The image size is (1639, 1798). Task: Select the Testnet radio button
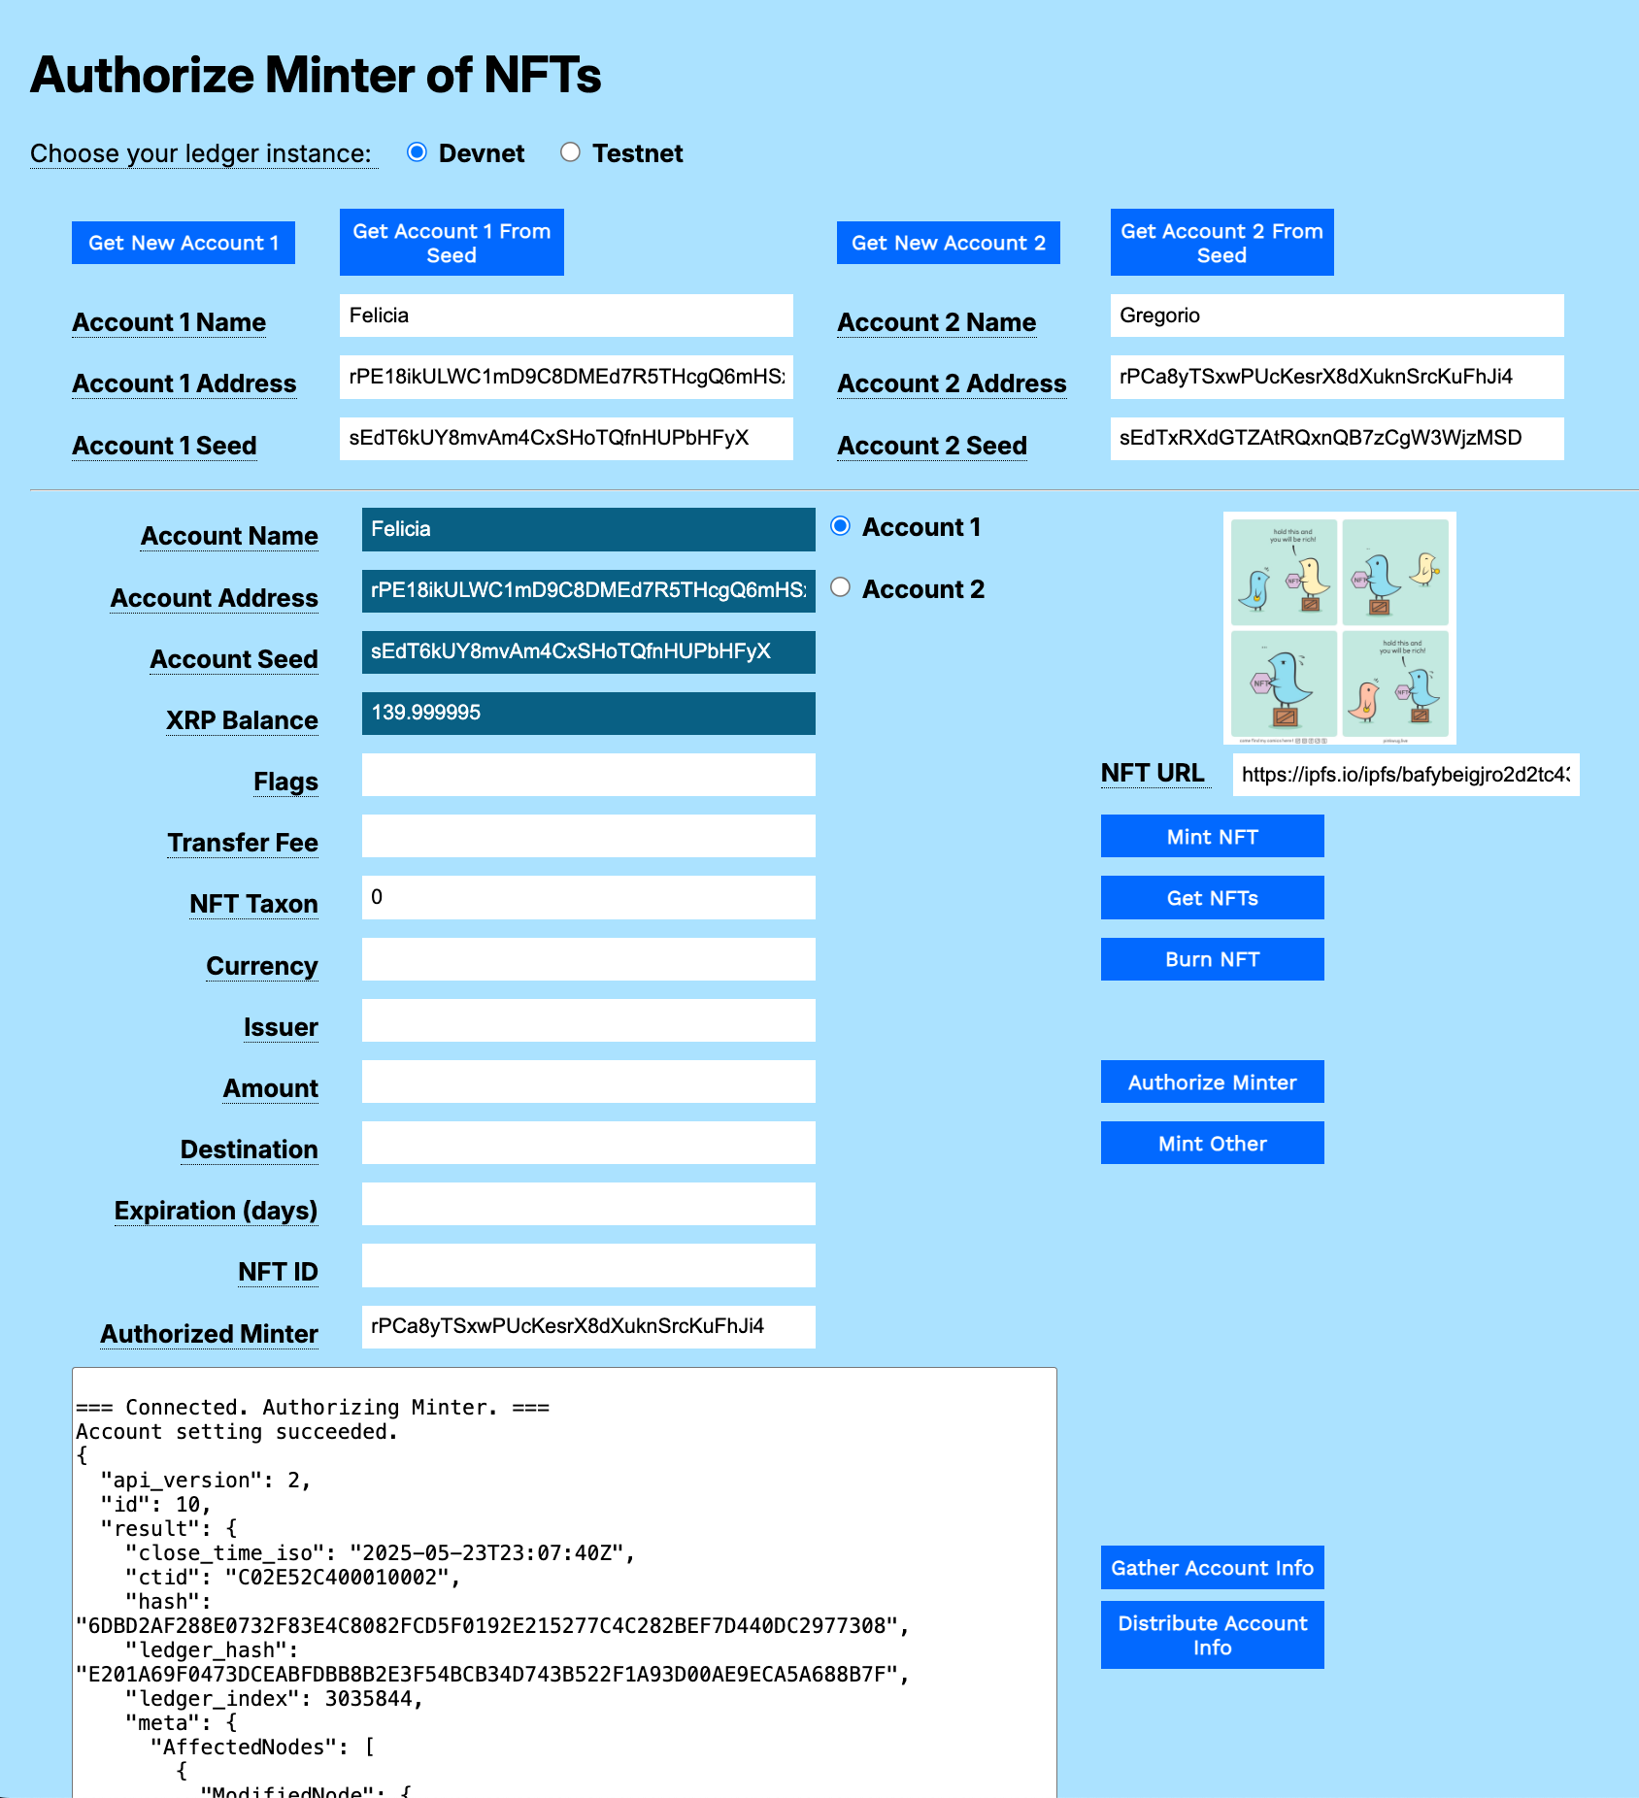[x=570, y=152]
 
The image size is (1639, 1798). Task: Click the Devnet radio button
[x=417, y=152]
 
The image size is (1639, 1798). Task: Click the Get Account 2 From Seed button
[x=1221, y=243]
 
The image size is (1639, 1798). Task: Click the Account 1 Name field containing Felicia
[x=565, y=316]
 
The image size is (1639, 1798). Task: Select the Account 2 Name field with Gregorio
[x=1336, y=316]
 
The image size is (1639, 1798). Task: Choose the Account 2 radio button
[x=841, y=587]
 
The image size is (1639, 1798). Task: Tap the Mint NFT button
[x=1212, y=836]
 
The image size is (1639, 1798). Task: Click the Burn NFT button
[x=1212, y=959]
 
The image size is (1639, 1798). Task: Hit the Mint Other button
[x=1212, y=1143]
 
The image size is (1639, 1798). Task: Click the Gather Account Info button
[x=1212, y=1567]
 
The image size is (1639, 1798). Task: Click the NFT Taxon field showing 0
[x=587, y=897]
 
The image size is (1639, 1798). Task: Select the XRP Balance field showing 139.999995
[x=587, y=713]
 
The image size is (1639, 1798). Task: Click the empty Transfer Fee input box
[x=587, y=836]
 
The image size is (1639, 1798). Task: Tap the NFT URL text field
[x=1405, y=775]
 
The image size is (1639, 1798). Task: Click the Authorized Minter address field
[x=587, y=1326]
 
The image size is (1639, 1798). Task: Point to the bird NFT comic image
[x=1339, y=627]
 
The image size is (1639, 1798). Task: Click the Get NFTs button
[x=1212, y=898]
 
